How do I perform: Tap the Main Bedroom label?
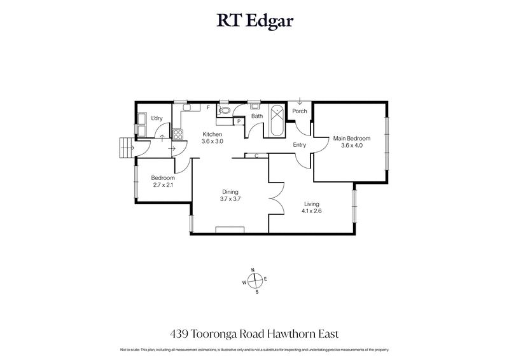click(352, 139)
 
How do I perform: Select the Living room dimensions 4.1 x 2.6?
click(312, 211)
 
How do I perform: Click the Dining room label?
click(230, 191)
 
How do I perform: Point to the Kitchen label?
click(212, 134)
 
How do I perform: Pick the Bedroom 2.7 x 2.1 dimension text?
click(163, 185)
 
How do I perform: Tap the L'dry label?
click(157, 118)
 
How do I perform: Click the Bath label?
click(257, 116)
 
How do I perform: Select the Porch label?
click(299, 111)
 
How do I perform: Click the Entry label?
click(299, 145)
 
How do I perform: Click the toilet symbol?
click(225, 109)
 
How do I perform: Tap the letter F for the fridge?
click(208, 107)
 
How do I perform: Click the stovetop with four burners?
click(179, 134)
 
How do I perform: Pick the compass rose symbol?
click(254, 280)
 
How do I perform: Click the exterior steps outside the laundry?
click(123, 149)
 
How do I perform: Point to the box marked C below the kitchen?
click(256, 155)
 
